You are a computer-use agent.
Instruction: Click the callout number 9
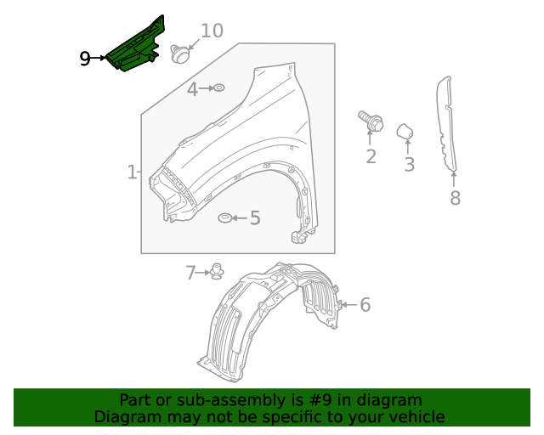pos(85,58)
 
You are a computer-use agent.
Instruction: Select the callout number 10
pos(212,31)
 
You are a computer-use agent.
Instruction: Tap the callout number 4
pos(193,88)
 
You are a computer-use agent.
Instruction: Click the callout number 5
pos(254,218)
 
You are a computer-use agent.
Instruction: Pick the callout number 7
pos(191,272)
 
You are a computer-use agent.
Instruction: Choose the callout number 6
pos(365,304)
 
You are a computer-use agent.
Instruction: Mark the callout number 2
pos(371,156)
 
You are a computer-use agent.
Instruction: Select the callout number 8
pos(455,198)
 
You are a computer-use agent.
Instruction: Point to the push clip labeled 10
pos(179,54)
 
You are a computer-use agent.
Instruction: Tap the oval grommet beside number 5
pos(224,218)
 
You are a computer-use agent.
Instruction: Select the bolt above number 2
pos(371,121)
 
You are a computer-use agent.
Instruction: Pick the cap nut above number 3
pos(405,130)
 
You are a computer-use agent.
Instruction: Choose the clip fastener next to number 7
pos(218,272)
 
